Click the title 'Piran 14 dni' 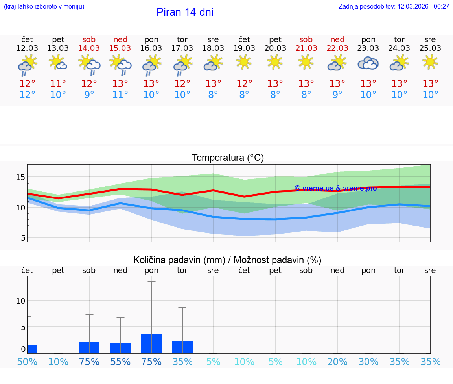[185, 12]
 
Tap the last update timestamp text [394, 7]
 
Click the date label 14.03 [89, 48]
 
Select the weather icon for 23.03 [368, 63]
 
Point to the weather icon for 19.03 [244, 62]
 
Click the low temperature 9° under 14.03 [89, 95]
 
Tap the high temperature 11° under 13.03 [58, 84]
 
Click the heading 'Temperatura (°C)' [228, 158]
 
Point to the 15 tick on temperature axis [20, 177]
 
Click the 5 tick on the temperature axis [23, 238]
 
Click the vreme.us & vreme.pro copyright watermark [335, 188]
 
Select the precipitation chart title [227, 260]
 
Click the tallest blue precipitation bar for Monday [151, 343]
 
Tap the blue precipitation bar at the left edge [32, 349]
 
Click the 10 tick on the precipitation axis [20, 301]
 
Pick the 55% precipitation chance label [120, 362]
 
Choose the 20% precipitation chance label [337, 362]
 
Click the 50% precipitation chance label [27, 362]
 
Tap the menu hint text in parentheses [44, 7]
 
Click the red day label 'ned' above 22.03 [337, 39]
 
